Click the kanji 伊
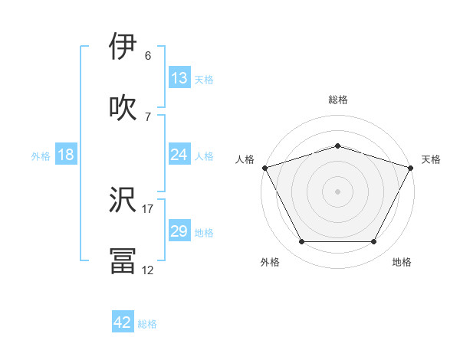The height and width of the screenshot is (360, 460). click(x=123, y=47)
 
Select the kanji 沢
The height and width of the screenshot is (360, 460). click(x=123, y=199)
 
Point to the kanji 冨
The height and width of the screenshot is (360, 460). click(x=123, y=260)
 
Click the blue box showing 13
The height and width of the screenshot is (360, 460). click(x=179, y=78)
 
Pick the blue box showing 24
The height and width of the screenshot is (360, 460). click(x=179, y=155)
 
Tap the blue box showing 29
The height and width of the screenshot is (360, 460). click(x=179, y=231)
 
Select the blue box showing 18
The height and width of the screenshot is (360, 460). click(x=65, y=155)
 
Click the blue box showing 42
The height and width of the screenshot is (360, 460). click(x=122, y=322)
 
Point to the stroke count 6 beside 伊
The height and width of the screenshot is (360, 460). click(x=148, y=56)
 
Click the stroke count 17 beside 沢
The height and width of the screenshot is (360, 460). click(x=148, y=208)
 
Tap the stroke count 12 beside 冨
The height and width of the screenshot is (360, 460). click(x=148, y=270)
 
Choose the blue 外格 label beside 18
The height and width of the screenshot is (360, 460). click(x=41, y=155)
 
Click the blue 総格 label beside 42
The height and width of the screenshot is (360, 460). click(x=147, y=323)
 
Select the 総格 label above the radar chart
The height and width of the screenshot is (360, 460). click(x=337, y=100)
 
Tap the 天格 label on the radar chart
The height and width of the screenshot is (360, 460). click(x=431, y=159)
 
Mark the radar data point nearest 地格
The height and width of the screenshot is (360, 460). click(x=374, y=242)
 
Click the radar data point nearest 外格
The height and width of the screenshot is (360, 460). click(x=301, y=242)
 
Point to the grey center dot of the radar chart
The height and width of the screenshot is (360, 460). click(x=337, y=191)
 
